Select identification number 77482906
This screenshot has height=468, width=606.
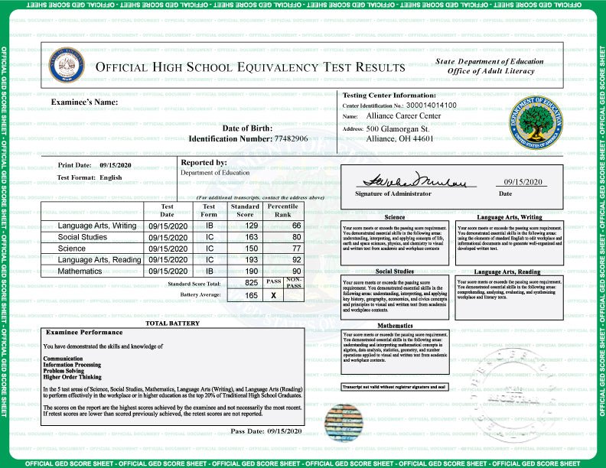coord(291,138)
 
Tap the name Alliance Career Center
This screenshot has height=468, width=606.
coord(403,116)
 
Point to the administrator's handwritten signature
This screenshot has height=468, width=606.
coord(414,180)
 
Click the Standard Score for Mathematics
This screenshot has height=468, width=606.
coord(245,271)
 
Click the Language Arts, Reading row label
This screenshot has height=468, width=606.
coord(99,260)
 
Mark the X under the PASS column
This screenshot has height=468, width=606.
coord(273,294)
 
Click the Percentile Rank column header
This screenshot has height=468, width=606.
coord(283,210)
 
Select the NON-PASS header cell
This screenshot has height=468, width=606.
coord(294,282)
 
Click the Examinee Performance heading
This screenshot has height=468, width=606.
coord(84,333)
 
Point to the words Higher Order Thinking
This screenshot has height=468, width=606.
coord(72,376)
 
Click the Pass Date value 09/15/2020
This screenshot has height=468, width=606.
coord(285,432)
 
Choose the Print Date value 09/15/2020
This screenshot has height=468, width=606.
coord(116,165)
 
